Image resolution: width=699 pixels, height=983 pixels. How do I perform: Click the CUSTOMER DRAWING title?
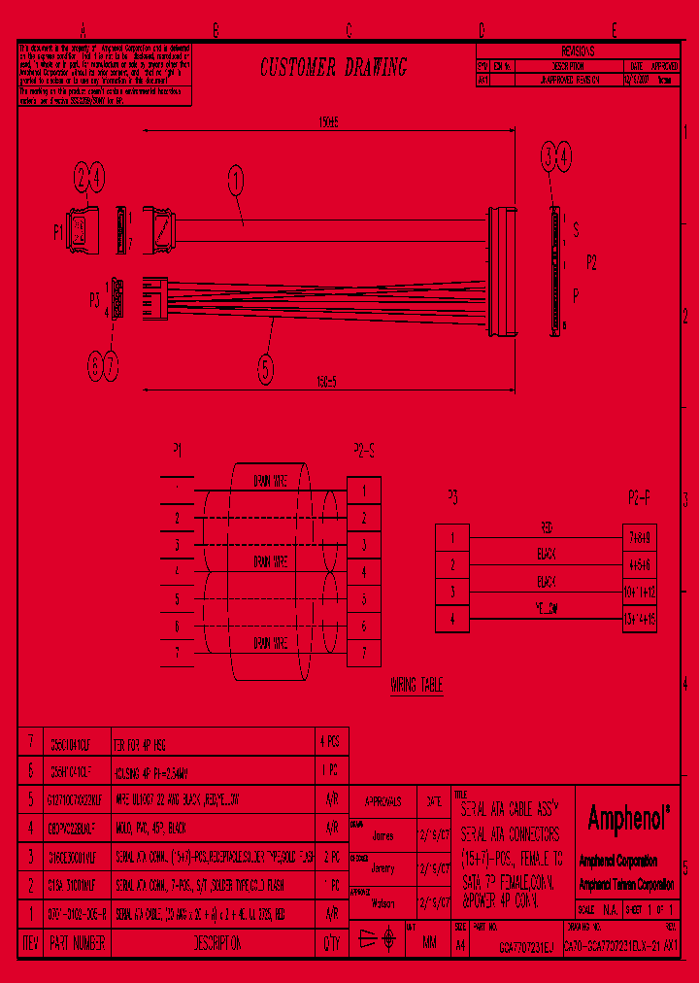pos(334,67)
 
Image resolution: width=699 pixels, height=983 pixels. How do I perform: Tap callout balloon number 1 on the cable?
pos(234,180)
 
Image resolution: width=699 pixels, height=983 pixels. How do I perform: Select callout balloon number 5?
pos(265,369)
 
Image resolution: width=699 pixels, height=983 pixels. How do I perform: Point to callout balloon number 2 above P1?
pos(81,176)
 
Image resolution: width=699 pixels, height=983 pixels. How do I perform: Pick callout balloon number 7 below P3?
pos(111,366)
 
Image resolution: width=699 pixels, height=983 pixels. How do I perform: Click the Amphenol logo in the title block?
pos(630,818)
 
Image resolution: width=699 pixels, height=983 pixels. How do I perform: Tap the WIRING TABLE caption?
pos(417,686)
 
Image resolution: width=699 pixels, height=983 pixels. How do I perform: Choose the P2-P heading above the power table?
pos(639,496)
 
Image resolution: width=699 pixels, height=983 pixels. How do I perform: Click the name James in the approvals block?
pos(383,833)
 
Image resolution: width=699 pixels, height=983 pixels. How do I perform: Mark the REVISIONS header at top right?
pos(579,51)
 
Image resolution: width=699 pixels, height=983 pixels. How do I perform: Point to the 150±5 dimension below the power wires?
pos(325,380)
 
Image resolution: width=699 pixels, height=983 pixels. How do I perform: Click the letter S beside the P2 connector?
pos(577,230)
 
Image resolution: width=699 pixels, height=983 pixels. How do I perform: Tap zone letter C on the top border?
pos(349,30)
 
